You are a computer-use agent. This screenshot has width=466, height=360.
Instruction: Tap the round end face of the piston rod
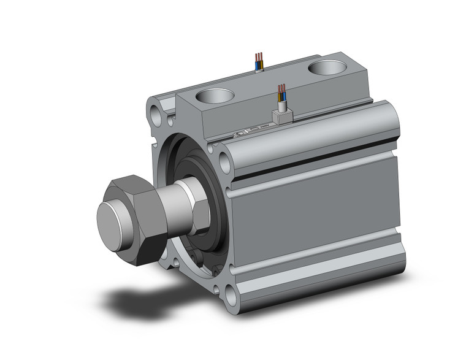click(112, 217)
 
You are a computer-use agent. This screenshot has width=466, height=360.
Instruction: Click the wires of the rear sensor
click(259, 61)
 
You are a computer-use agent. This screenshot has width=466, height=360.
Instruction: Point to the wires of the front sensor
click(281, 93)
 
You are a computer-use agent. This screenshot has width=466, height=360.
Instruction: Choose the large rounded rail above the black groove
click(313, 132)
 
